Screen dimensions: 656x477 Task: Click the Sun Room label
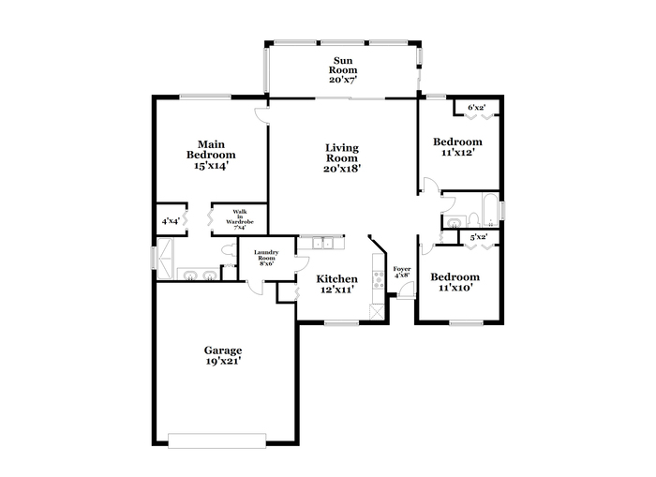343,66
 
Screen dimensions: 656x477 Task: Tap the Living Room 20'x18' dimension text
342,169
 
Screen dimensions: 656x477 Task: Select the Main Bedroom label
211,150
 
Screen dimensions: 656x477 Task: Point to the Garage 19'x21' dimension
223,361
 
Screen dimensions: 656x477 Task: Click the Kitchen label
336,278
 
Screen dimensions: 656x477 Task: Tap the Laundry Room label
266,255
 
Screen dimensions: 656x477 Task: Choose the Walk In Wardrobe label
240,216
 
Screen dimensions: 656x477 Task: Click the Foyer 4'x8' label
402,272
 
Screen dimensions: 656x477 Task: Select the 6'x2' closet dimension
476,108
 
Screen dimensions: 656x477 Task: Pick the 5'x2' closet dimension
479,238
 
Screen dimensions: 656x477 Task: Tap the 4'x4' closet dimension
171,221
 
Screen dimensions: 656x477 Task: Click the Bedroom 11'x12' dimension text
457,153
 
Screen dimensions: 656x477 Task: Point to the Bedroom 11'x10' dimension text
455,288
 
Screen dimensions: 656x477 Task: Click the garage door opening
216,441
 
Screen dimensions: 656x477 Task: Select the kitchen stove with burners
379,279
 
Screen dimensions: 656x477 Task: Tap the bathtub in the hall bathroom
491,211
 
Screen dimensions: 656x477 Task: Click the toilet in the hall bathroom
473,219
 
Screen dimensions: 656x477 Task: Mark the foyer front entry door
406,291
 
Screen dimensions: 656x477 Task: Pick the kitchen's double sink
322,243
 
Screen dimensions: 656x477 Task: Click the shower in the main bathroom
164,259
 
